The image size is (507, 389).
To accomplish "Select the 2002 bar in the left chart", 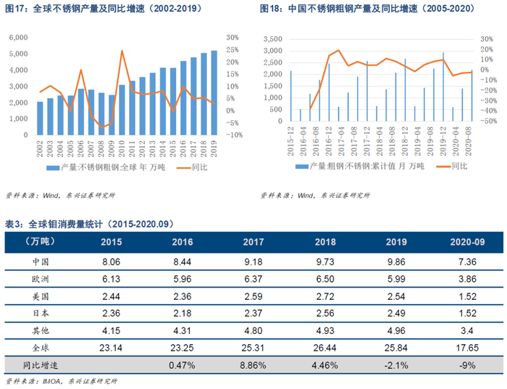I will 41,118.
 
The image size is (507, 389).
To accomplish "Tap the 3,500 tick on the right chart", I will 272,38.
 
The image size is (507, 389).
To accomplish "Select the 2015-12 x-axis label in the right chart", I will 291,138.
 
